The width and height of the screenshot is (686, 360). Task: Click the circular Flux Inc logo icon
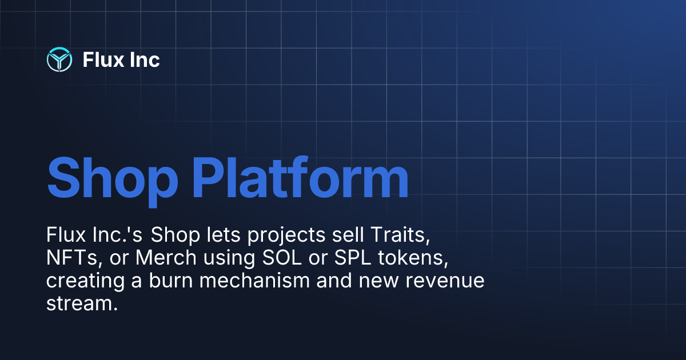point(59,59)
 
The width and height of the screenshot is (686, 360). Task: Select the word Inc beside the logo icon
point(145,59)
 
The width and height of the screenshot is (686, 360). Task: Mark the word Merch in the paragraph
point(162,258)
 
